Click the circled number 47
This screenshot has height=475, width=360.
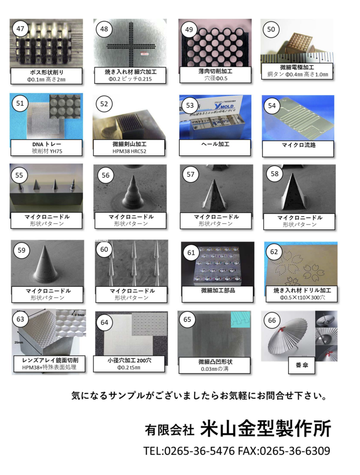[20, 28]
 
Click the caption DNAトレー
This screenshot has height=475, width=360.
[46, 144]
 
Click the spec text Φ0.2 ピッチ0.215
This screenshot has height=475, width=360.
[130, 79]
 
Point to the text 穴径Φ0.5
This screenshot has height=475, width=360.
[215, 78]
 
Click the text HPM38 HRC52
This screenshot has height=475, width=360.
[130, 151]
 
